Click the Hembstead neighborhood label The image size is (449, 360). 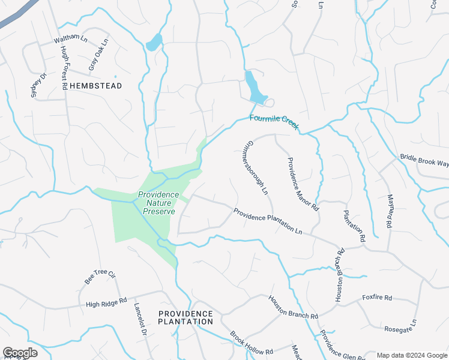pos(95,86)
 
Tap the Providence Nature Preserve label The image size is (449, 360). pos(158,203)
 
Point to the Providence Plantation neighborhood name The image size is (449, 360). pos(185,317)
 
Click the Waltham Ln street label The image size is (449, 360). pos(70,39)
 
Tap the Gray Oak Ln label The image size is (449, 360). pos(98,55)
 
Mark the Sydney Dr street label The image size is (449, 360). pos(38,86)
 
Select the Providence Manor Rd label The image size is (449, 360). pos(303,184)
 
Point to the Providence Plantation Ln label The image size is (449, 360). pos(268,220)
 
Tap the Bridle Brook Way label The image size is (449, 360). pos(424,161)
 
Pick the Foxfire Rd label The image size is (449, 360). pos(377,298)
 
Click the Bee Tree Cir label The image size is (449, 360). pos(100,276)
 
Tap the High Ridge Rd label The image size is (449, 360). pos(107,302)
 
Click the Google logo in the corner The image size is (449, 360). pos(20,353)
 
